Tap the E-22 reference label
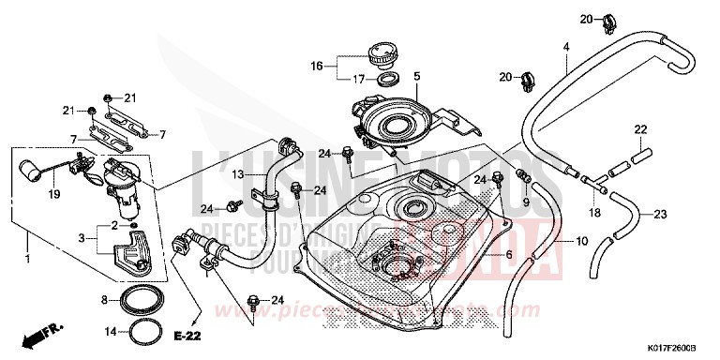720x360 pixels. pos(187,335)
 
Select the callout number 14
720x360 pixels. pos(109,331)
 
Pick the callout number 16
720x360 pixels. pos(316,66)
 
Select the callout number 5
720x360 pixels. pos(417,75)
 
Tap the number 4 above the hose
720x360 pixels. pos(566,46)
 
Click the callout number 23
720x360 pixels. pos(659,214)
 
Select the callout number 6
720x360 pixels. pos(509,254)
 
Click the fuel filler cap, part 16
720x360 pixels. pos(383,52)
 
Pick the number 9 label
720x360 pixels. pos(526,202)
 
